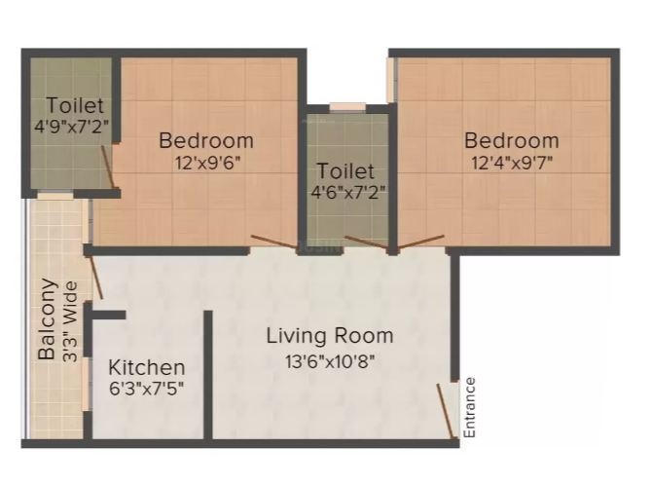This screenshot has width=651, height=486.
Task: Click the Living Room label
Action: pyautogui.click(x=330, y=336)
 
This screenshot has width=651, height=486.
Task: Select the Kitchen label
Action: pyautogui.click(x=146, y=368)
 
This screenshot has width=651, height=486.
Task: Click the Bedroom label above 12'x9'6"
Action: pyautogui.click(x=206, y=140)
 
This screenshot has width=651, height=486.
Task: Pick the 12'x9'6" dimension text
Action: pyautogui.click(x=206, y=163)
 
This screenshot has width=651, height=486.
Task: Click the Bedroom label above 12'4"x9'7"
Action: pyautogui.click(x=511, y=140)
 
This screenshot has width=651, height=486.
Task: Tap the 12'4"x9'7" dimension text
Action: pyautogui.click(x=511, y=163)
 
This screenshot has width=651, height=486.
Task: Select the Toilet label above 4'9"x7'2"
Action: pyautogui.click(x=75, y=104)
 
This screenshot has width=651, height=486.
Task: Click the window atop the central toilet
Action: pyautogui.click(x=345, y=107)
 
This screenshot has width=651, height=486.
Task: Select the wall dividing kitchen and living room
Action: pyautogui.click(x=207, y=375)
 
